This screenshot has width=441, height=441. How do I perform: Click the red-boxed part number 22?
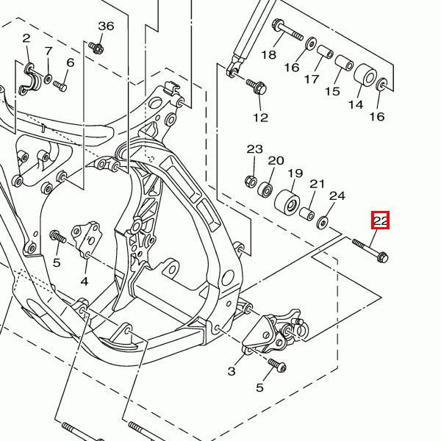381,220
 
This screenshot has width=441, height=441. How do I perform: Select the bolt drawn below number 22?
371,251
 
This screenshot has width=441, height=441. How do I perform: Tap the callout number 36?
106,26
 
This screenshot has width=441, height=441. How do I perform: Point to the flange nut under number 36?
97,49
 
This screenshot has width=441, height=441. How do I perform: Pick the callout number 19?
295,173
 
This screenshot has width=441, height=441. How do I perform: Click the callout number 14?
356,105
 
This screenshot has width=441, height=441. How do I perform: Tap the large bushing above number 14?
365,76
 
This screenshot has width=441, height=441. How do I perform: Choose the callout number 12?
261,117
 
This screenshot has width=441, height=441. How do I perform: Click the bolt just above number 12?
257,87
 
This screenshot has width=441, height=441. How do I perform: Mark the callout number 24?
337,196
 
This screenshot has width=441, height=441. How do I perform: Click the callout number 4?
85,282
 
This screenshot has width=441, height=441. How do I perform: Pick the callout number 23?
254,149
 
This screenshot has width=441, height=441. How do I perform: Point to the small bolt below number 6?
60,87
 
